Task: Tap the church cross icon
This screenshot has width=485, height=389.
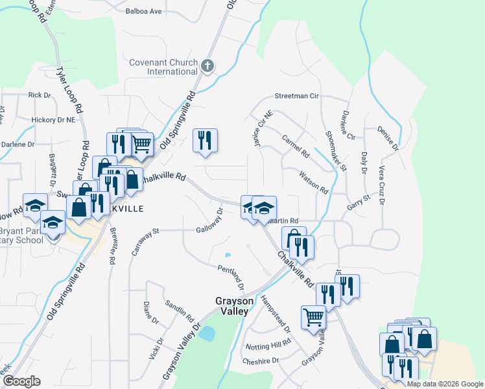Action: point(207,65)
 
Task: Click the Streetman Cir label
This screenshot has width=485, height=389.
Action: point(297,96)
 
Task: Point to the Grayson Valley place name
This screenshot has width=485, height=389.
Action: point(232,306)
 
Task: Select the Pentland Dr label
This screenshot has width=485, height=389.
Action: point(231,277)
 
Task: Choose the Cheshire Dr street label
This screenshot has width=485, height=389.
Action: point(260,360)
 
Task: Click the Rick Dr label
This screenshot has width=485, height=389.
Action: point(40,95)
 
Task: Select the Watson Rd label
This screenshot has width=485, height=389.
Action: point(314,182)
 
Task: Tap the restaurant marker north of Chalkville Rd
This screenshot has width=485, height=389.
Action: point(205,139)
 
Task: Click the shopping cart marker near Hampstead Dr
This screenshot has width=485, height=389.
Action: point(313,318)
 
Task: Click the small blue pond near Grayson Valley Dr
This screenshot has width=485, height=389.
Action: point(207,334)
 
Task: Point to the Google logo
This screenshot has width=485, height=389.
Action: point(22,382)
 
